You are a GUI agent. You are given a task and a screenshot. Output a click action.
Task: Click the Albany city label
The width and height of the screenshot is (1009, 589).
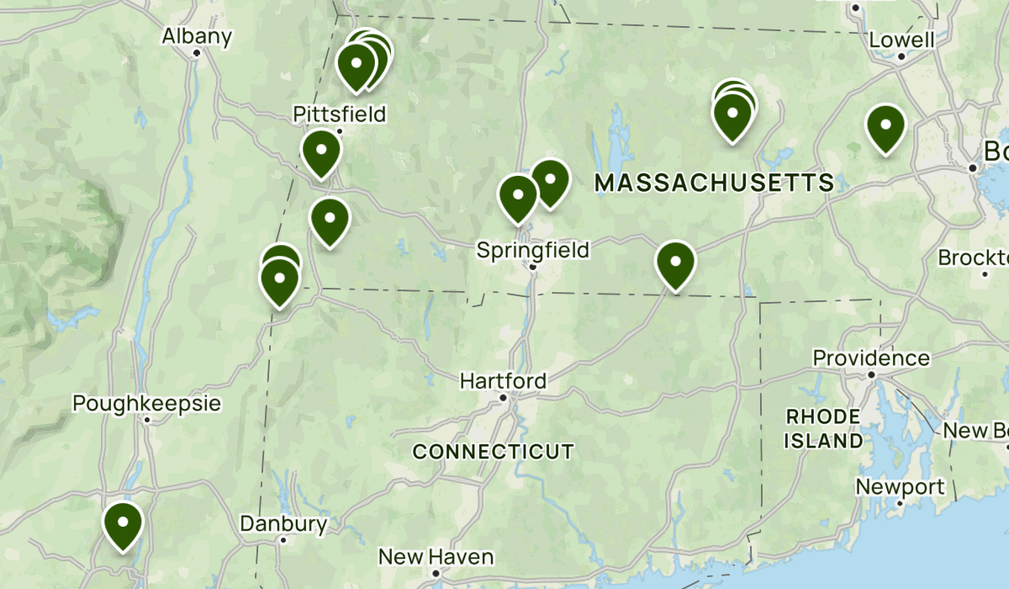[196, 36]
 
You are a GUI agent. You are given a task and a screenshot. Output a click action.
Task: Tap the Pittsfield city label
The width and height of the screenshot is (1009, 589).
[339, 114]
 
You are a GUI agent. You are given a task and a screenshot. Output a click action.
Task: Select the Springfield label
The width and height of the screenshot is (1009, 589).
[532, 249]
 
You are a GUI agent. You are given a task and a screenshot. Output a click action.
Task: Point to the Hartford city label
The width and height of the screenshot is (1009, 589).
[502, 381]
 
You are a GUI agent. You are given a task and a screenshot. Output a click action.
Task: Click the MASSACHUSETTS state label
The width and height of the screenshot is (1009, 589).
[714, 182]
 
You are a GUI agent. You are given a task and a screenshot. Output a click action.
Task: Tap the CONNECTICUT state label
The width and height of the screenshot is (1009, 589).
[494, 452]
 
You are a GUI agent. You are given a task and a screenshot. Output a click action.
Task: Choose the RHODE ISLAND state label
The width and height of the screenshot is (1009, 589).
[823, 428]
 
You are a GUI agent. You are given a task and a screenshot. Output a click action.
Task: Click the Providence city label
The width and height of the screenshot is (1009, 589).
[871, 358]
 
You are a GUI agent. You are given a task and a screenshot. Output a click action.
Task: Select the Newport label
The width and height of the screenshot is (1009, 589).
[900, 486]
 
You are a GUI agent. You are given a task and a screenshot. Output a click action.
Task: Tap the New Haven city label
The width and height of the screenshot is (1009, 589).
[436, 556]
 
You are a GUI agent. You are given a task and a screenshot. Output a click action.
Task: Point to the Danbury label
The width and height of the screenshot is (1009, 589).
[283, 524]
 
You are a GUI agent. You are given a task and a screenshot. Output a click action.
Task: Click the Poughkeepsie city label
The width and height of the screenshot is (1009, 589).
[146, 403]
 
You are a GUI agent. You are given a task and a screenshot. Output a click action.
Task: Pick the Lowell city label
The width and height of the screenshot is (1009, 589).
[901, 40]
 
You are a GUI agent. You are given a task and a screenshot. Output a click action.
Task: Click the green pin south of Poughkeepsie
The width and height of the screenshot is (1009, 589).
[123, 523]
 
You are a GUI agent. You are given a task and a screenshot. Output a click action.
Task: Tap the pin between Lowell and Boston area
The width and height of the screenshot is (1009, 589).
[885, 127]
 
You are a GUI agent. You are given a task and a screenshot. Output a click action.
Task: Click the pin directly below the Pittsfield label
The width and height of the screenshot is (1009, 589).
[321, 152]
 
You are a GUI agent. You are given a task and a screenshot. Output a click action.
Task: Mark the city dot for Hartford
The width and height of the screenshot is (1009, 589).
[503, 398]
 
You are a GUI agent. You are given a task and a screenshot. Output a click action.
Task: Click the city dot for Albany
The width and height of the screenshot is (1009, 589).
[196, 53]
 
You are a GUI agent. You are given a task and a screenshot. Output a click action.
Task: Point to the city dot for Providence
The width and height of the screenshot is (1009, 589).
[872, 374]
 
